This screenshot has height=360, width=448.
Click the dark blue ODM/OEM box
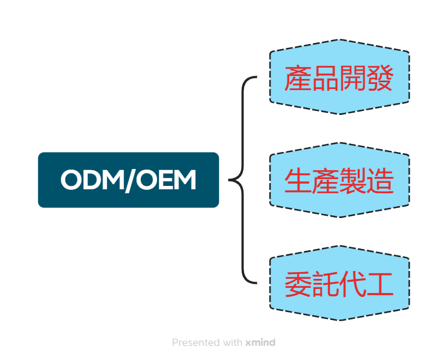click(128, 180)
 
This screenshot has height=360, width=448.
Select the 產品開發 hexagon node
click(339, 77)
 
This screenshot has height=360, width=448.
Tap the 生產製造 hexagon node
click(339, 180)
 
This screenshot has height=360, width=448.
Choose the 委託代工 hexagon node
click(339, 283)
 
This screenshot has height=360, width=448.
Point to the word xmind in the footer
click(260, 342)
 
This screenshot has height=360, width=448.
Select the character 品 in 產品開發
click(326, 78)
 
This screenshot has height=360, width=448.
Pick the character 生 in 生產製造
click(299, 181)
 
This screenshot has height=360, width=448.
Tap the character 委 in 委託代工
click(299, 285)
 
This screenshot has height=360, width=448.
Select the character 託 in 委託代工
click(326, 285)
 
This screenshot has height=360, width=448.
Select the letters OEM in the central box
click(166, 180)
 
